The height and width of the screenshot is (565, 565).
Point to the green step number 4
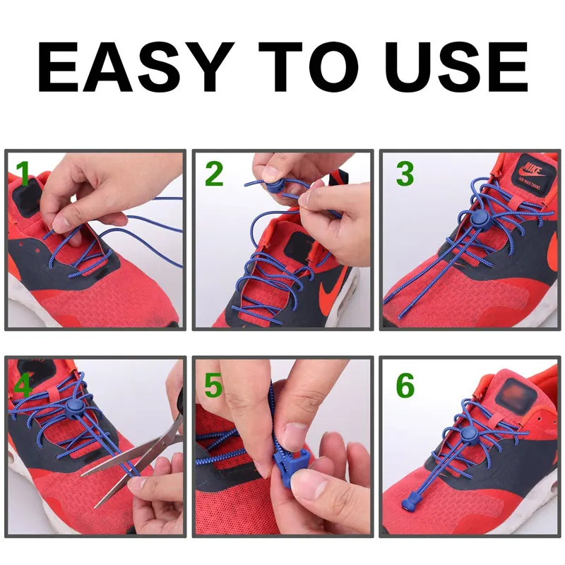point(23,386)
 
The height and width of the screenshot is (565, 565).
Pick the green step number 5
point(214,386)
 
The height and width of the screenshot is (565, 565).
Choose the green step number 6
point(405,386)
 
